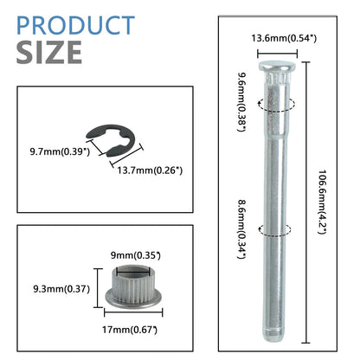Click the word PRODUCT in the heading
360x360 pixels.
coord(75,25)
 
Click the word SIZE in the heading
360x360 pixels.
coord(49,52)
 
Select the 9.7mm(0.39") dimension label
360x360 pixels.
coord(60,151)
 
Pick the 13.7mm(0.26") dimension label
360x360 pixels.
coord(150,170)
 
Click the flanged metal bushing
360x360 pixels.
coord(133,286)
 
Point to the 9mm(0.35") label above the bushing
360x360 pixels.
coord(136,255)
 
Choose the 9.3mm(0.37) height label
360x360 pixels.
coord(61,289)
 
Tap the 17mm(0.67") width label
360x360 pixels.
coord(130,330)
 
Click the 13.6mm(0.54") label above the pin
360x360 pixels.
coord(284,38)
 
